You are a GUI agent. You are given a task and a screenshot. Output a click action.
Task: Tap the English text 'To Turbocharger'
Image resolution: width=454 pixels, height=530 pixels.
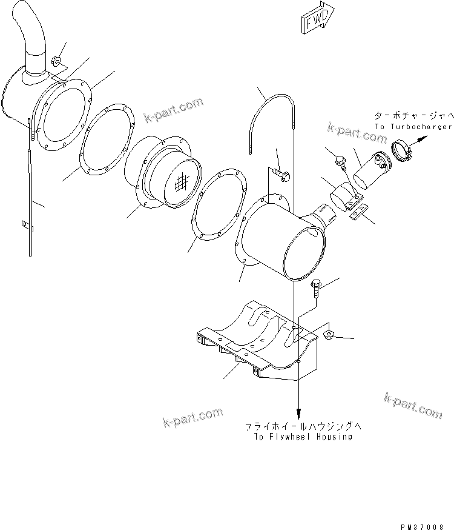[413, 127]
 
